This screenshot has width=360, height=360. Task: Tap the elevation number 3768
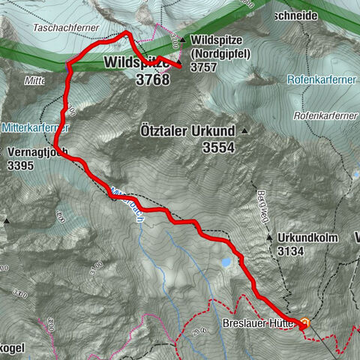coord(153,77)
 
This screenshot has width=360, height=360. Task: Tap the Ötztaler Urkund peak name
coord(187,130)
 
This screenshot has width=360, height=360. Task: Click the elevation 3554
coord(219,148)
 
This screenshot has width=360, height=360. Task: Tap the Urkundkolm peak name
coord(307,238)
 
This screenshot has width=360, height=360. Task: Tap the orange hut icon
coord(305,323)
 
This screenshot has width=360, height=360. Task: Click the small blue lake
coord(225,262)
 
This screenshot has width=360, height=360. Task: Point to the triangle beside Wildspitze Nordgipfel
coord(184,39)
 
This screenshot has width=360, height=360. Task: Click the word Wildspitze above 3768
coord(137,61)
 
